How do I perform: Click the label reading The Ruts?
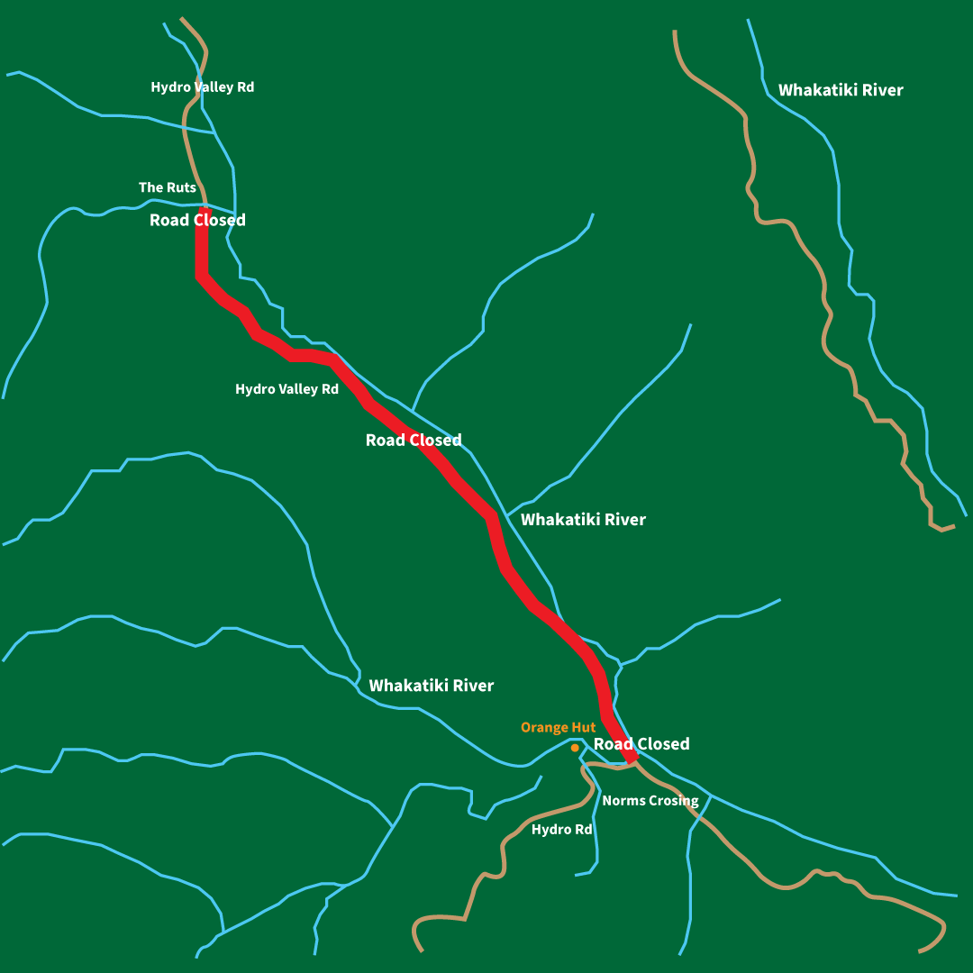point(167,187)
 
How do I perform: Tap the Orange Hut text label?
point(558,727)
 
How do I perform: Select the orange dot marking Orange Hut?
point(575,747)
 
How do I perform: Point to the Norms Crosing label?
point(650,800)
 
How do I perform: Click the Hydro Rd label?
point(561,829)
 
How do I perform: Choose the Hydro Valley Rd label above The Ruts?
point(202,87)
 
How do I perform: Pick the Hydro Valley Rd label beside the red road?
point(286,389)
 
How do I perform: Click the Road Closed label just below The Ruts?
point(197,220)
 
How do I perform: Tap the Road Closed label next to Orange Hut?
point(641,743)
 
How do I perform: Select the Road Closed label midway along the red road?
point(413,440)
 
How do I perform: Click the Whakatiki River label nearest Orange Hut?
point(431,686)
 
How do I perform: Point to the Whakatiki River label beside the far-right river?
point(840,90)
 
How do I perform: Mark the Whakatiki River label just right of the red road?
point(583,519)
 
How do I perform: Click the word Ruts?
point(180,187)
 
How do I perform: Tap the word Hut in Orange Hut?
point(584,727)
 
